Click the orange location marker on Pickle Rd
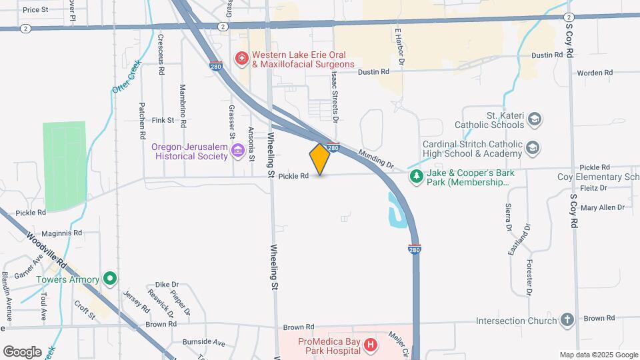click(320, 159)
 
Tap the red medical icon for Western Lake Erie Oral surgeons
click(241, 59)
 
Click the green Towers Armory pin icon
click(111, 279)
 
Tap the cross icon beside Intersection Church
click(567, 320)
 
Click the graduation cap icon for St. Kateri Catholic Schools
click(533, 119)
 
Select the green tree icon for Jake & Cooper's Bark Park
click(417, 177)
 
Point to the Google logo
click(22, 351)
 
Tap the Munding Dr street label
click(376, 159)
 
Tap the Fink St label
click(163, 121)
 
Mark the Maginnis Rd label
click(64, 233)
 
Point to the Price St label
click(35, 10)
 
